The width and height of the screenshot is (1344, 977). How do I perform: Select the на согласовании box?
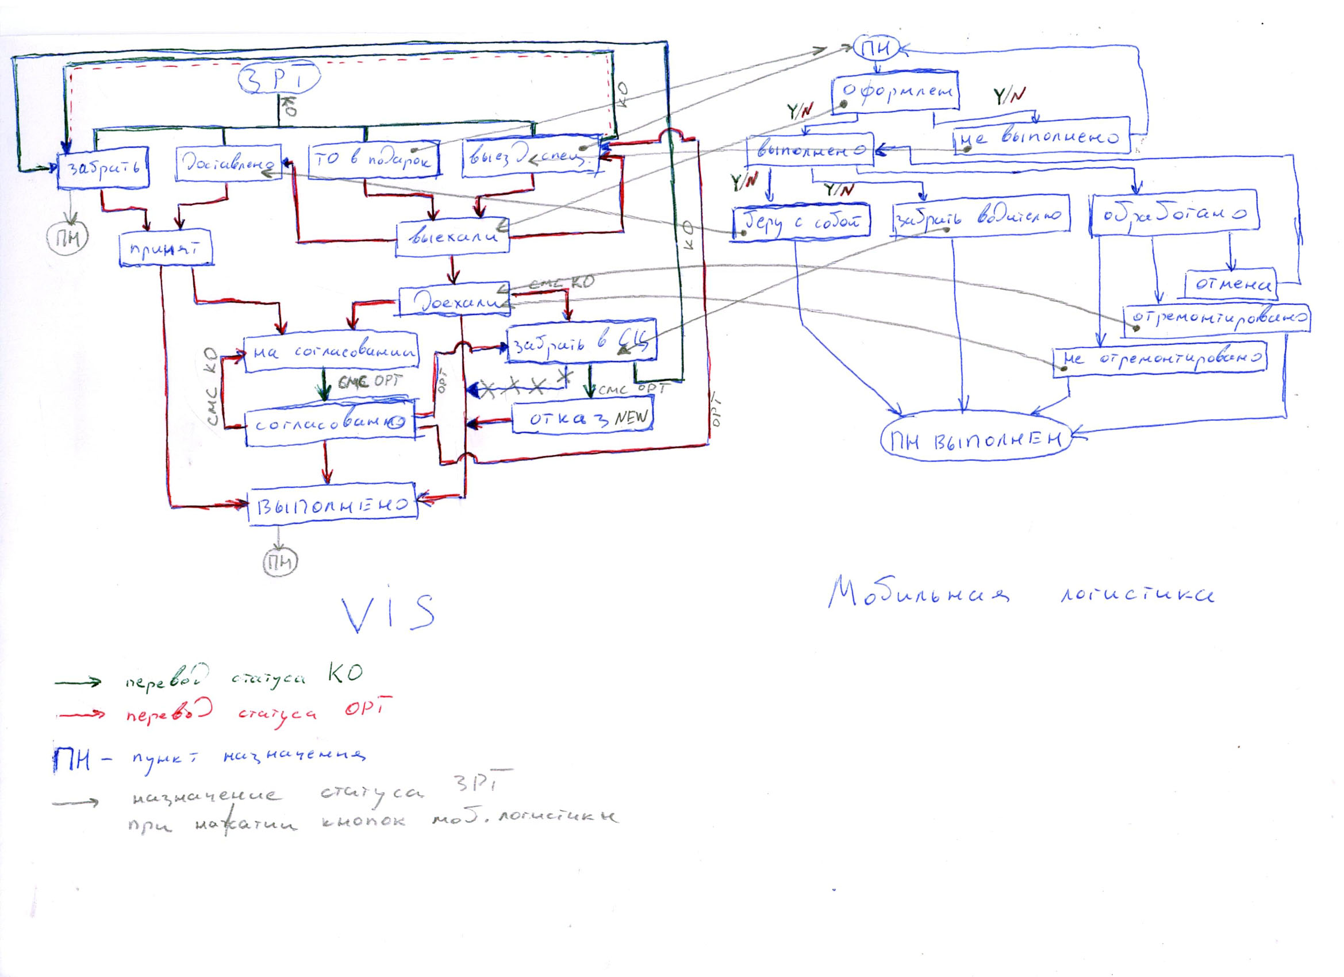point(332,353)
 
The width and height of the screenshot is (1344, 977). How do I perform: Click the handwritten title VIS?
point(388,612)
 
